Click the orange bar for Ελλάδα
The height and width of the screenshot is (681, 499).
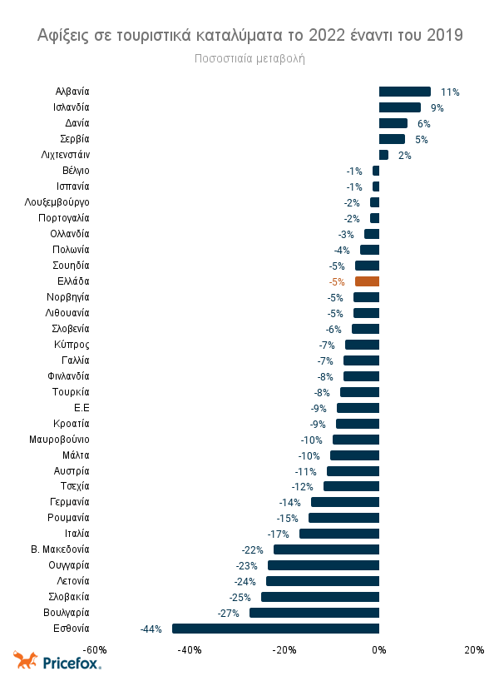pos(367,281)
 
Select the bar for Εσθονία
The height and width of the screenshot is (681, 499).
pos(275,629)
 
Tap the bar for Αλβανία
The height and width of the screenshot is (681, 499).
pos(404,92)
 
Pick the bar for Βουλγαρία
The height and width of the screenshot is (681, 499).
pos(314,613)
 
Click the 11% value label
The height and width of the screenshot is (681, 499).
pos(450,92)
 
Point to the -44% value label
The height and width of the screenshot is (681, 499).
pos(151,629)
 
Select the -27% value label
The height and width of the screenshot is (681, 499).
pos(229,613)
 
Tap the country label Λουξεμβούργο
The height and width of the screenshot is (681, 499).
pos(59,202)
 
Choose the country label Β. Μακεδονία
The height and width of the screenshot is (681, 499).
pos(60,549)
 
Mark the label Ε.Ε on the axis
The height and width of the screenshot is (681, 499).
pos(82,407)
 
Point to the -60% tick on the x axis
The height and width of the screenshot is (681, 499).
pos(95,650)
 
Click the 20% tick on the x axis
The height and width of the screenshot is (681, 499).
pos(474,650)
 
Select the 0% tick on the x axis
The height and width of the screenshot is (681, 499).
pos(379,650)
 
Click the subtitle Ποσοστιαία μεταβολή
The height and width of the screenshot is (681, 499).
pos(250,58)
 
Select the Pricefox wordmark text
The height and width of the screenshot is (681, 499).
pos(72,664)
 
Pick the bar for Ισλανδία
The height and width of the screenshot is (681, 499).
pos(400,107)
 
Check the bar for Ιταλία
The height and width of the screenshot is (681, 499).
pos(339,534)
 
